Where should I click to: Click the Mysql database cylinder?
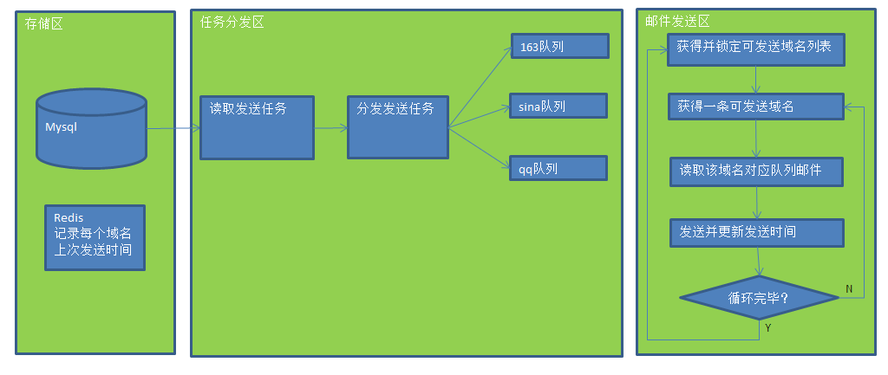(x=91, y=128)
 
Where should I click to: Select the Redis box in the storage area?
(x=95, y=237)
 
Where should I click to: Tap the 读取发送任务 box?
(x=257, y=127)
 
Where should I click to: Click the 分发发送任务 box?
(x=398, y=127)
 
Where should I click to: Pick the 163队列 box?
(x=559, y=46)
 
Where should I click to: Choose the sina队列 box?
(x=558, y=106)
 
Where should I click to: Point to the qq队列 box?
(x=558, y=168)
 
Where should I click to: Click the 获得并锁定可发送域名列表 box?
(x=756, y=49)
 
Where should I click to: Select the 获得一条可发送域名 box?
(x=756, y=107)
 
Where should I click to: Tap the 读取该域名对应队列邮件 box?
(x=756, y=171)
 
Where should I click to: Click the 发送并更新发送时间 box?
(x=756, y=232)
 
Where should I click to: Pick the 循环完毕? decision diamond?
(x=759, y=298)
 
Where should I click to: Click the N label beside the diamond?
(x=849, y=288)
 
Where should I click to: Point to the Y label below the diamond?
(x=768, y=327)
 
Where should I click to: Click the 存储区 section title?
(x=43, y=23)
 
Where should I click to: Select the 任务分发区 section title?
(x=232, y=22)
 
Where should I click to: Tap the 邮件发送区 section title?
(x=677, y=22)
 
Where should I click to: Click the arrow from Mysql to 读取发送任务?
(x=173, y=129)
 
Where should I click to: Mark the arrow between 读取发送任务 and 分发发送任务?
(x=331, y=128)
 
